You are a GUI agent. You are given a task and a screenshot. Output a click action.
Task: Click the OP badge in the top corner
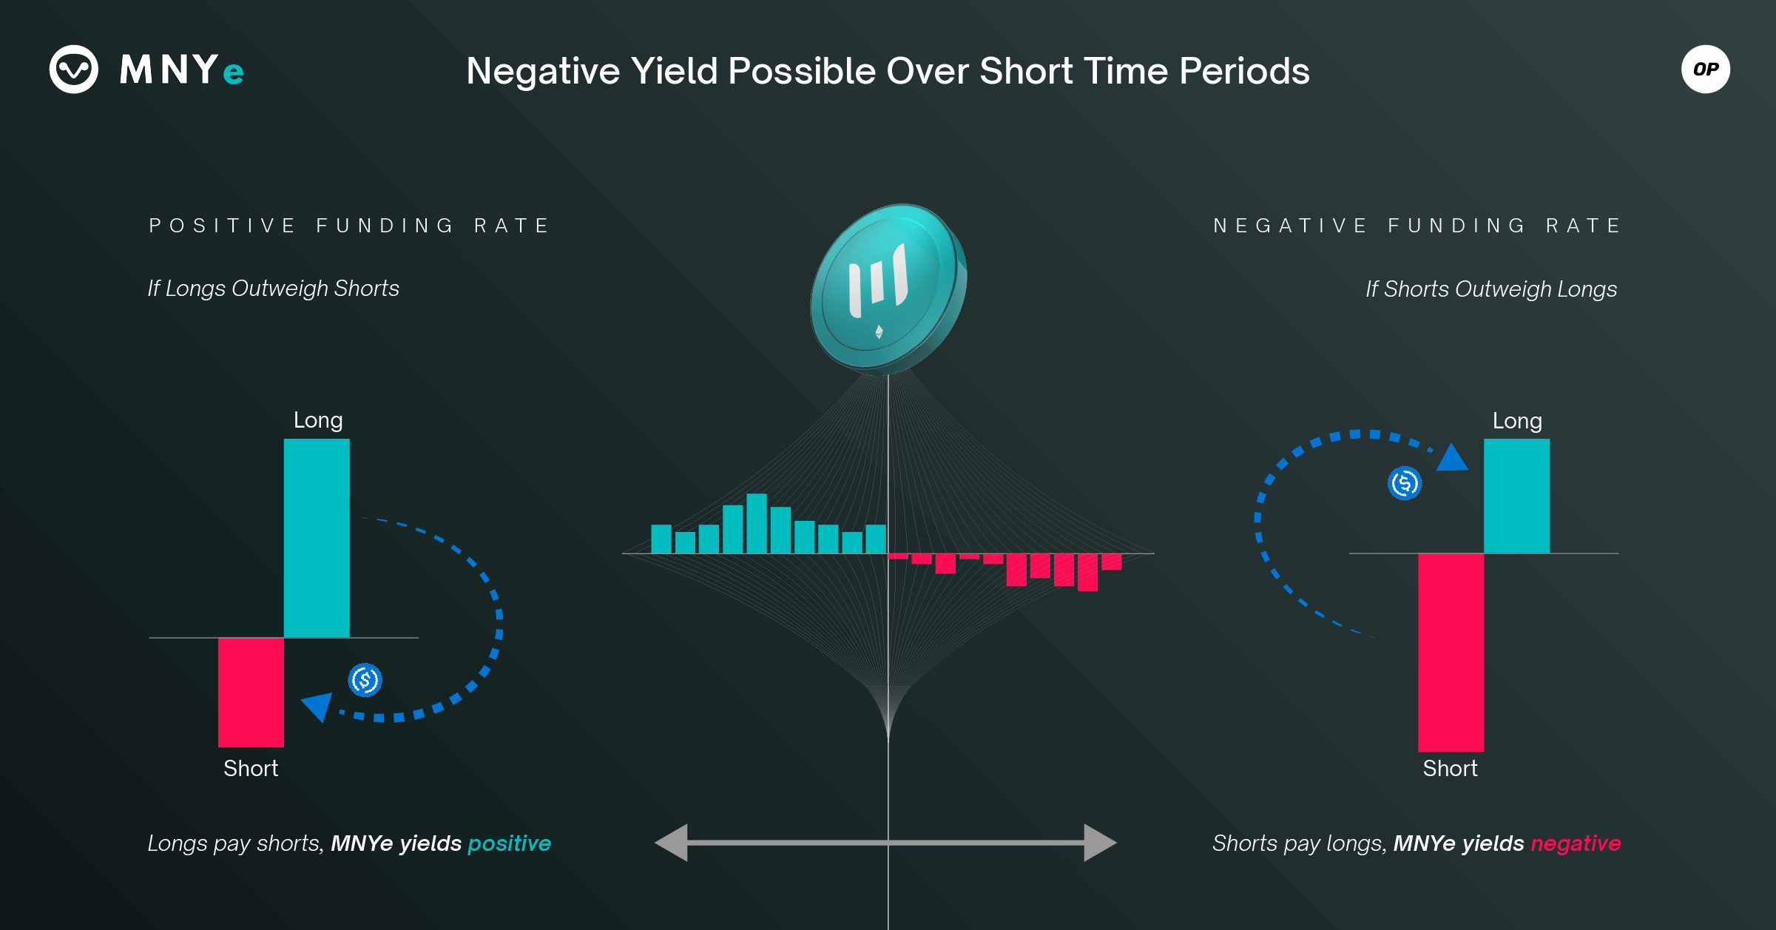click(x=1705, y=70)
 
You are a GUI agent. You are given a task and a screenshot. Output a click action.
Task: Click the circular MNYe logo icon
click(x=74, y=70)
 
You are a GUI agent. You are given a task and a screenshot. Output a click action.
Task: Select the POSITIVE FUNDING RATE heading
click(x=349, y=226)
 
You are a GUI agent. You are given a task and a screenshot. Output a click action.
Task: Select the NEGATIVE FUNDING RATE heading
click(x=1417, y=226)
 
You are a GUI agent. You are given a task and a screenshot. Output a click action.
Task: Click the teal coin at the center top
click(x=888, y=289)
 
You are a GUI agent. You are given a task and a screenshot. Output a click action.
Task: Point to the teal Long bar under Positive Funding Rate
click(x=317, y=538)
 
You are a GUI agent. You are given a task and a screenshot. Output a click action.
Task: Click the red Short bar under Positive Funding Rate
click(x=251, y=692)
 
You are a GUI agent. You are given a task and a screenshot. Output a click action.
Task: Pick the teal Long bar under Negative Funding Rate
click(x=1516, y=496)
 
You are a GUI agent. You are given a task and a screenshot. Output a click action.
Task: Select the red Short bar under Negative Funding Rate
click(x=1451, y=653)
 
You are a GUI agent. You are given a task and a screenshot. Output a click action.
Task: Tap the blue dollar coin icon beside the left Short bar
click(x=365, y=680)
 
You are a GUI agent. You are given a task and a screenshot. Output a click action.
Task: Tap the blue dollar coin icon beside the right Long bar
click(x=1405, y=483)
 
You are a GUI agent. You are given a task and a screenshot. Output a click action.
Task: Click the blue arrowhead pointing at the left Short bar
click(x=318, y=706)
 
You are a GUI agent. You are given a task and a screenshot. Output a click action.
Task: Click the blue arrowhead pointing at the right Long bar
click(x=1452, y=458)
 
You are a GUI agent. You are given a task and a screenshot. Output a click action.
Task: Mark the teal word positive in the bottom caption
click(x=510, y=843)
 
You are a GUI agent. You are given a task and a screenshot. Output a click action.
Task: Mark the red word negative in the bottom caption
click(x=1576, y=843)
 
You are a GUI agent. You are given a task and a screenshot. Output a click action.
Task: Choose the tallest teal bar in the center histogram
click(x=757, y=523)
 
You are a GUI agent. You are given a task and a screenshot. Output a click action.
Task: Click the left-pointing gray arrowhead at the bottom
click(x=671, y=843)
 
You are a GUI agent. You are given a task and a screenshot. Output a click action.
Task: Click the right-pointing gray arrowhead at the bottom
click(x=1101, y=843)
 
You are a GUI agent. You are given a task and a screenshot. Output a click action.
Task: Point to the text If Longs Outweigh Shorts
click(x=273, y=289)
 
